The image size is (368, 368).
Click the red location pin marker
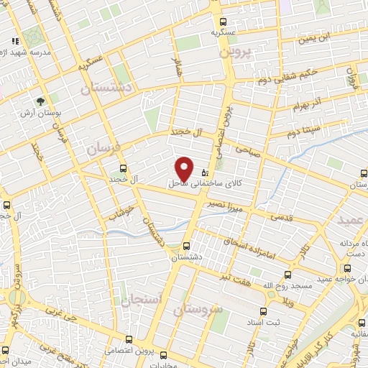point(185,168)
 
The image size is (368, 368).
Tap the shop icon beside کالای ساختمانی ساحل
point(206,172)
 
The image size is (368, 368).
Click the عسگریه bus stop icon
point(224,21)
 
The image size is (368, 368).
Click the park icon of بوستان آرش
point(40,102)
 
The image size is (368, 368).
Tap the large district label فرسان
point(101,149)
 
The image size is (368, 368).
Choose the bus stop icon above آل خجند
point(122,168)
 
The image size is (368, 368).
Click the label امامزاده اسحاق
point(254,245)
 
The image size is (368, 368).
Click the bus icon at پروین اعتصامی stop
point(129,339)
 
